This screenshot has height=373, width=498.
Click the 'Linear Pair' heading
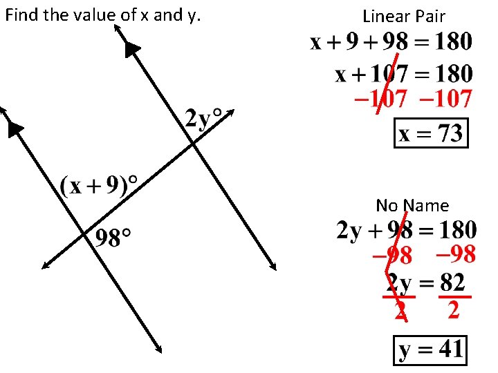404,16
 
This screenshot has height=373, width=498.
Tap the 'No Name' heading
412,205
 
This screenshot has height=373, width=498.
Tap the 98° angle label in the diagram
113,239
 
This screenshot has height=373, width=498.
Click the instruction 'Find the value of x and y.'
102,15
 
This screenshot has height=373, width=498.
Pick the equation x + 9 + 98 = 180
391,43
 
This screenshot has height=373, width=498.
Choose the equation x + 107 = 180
404,73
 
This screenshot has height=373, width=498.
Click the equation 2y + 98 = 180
407,230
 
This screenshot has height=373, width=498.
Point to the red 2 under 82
453,310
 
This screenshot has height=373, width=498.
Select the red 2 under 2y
400,311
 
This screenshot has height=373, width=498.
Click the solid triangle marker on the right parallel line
132,48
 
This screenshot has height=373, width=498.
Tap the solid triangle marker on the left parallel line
15,128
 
